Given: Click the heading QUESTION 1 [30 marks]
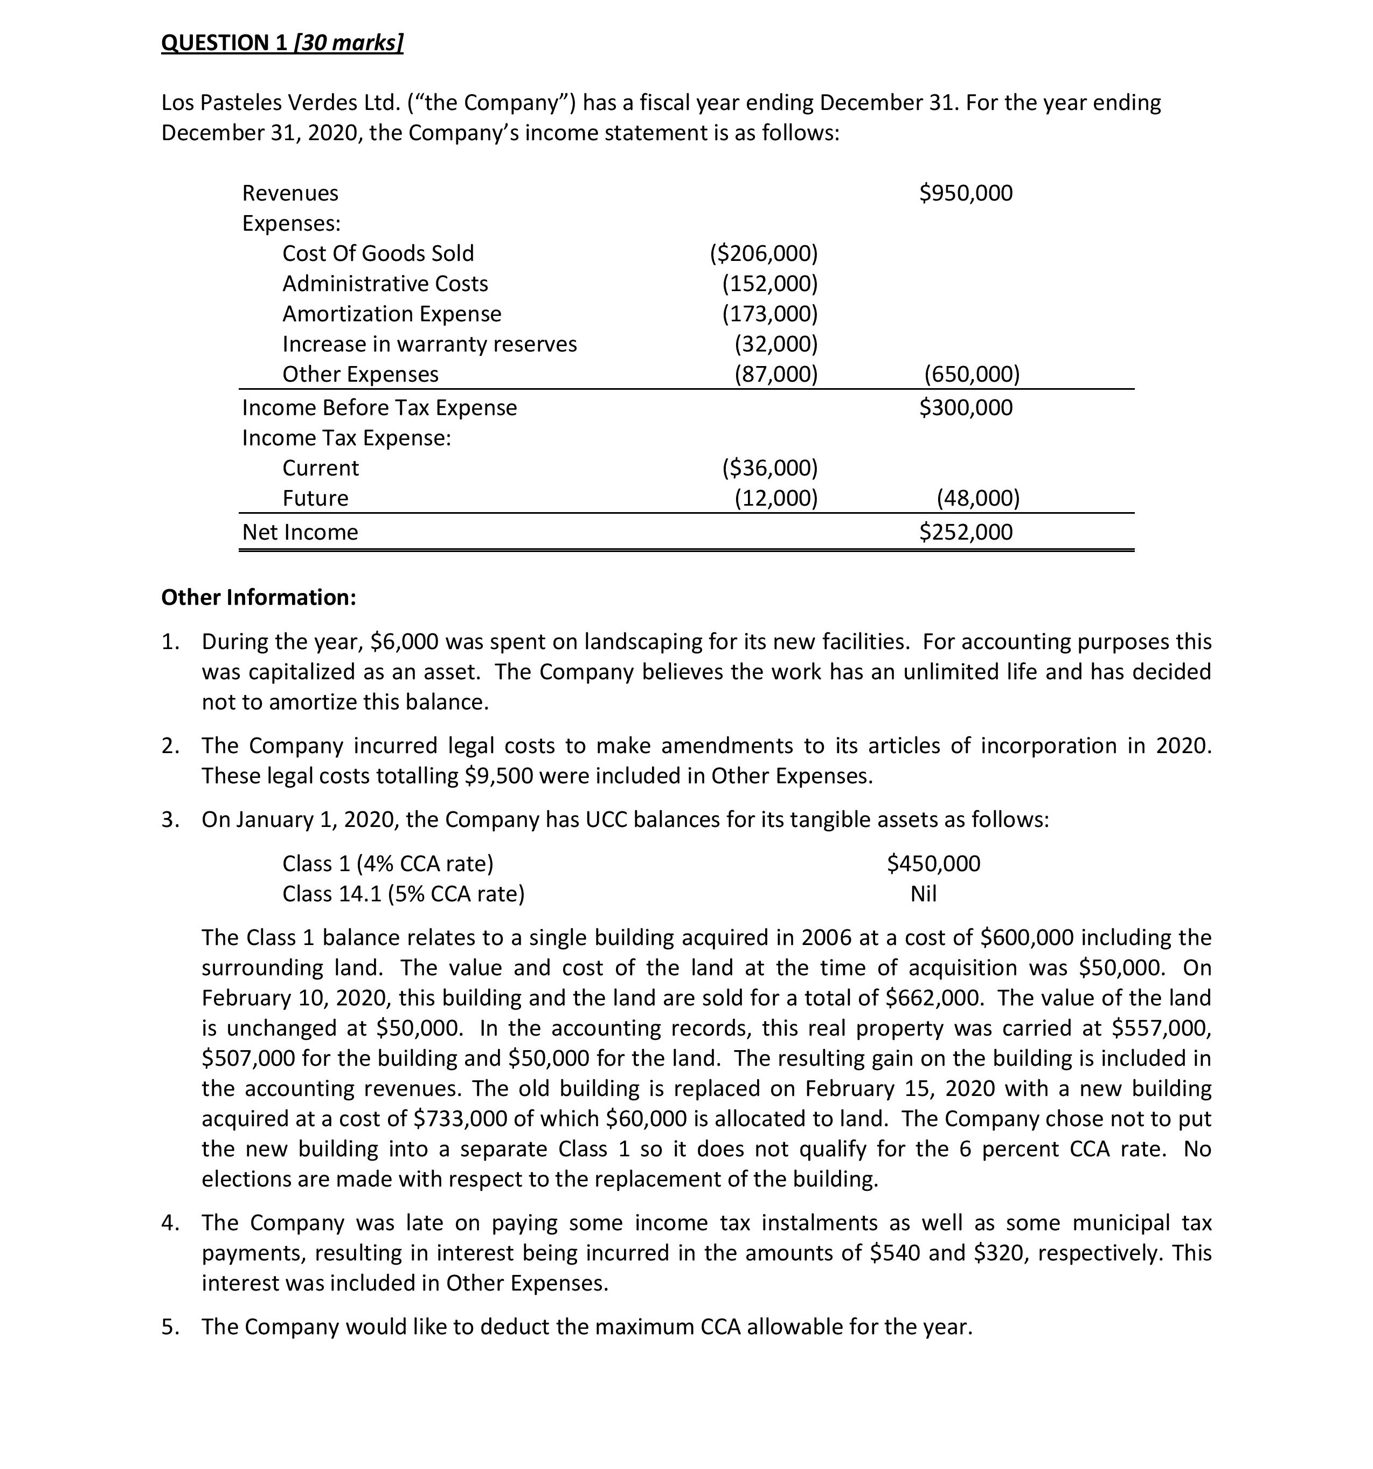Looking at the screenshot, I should (x=282, y=43).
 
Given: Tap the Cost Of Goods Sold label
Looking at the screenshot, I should (x=378, y=253).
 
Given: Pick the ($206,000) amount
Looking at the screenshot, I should (x=764, y=253).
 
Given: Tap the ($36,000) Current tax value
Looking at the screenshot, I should (x=769, y=468).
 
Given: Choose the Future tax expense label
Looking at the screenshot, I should (x=315, y=498).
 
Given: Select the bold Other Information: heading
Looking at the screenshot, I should (x=259, y=597).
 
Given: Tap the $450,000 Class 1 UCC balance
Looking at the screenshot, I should (x=933, y=863).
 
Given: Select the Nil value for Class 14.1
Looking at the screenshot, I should (x=923, y=894).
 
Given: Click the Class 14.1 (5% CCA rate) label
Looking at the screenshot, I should (x=403, y=894).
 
